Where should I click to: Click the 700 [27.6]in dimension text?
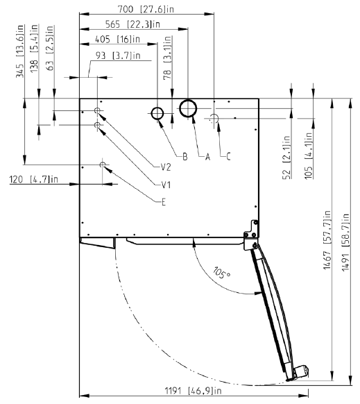coord(146,9)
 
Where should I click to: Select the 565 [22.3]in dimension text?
coord(132,24)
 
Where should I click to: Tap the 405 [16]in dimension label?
coord(118,39)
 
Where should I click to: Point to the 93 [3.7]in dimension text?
coord(118,56)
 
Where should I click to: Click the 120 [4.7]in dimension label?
coord(33,179)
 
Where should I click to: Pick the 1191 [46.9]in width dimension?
coord(193,391)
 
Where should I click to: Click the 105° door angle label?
coord(221,273)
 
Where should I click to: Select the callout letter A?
coord(207,156)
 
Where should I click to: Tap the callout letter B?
coord(185,156)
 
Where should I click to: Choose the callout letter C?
coord(228,156)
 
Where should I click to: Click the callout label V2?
coord(166,167)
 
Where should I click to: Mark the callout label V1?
coord(166,185)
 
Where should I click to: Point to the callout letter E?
coord(164,202)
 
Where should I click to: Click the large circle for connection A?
coord(188,100)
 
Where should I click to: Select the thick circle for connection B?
coord(157,108)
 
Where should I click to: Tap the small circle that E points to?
coord(103,162)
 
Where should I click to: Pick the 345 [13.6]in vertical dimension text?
coord(20,51)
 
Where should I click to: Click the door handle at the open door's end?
coord(300,372)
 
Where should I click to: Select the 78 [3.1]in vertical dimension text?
coord(168,58)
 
